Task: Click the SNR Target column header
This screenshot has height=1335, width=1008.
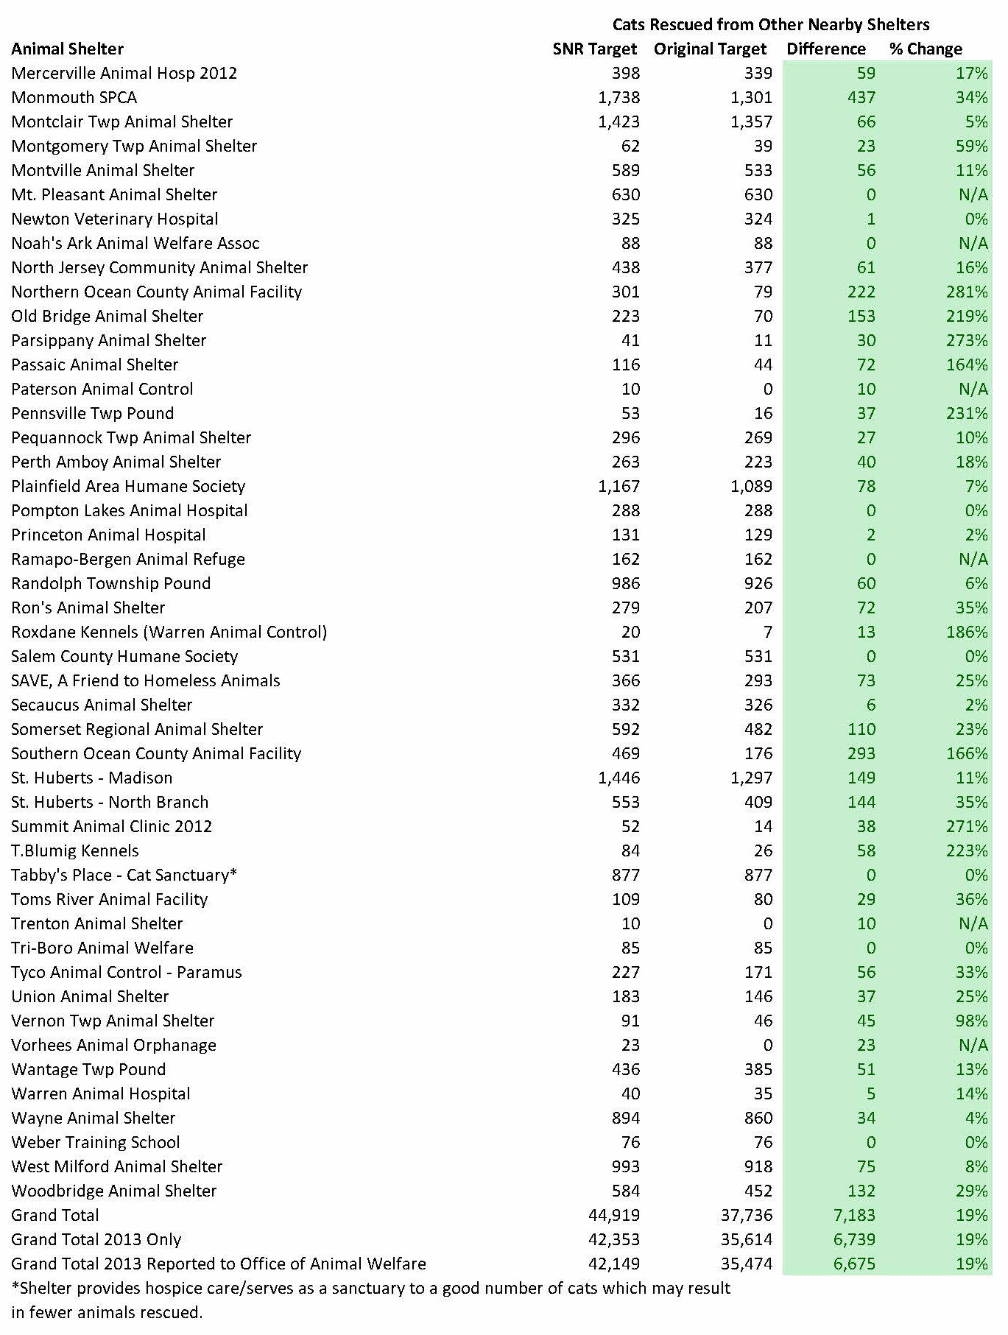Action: point(594,49)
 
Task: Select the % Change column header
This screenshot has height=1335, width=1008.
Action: point(926,49)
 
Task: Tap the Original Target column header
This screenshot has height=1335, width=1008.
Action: point(710,49)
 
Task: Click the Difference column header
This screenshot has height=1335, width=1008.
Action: point(826,49)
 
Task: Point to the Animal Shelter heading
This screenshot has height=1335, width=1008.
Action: point(67,49)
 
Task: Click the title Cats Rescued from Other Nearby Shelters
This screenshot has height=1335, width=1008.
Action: point(771,25)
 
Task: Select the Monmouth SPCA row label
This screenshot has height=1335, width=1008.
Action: point(74,98)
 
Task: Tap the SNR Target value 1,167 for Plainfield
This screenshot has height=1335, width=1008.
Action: point(618,487)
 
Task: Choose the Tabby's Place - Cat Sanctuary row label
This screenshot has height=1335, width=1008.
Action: point(124,876)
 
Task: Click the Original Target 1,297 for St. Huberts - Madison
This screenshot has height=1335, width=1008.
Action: point(751,778)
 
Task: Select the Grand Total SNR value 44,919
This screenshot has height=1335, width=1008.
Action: point(614,1216)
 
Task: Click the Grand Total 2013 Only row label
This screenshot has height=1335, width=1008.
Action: point(96,1240)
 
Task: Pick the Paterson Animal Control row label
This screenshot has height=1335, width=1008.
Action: point(102,390)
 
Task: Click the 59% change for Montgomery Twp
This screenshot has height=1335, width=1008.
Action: point(972,147)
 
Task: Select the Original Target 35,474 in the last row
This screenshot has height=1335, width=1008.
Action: point(747,1264)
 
